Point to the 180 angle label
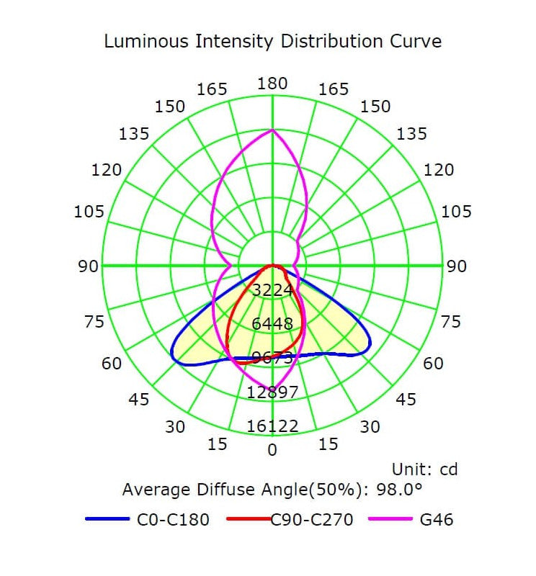pyautogui.click(x=272, y=84)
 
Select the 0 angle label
pyautogui.click(x=272, y=451)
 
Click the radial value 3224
pyautogui.click(x=272, y=290)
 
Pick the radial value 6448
pyautogui.click(x=272, y=324)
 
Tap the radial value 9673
pyautogui.click(x=272, y=358)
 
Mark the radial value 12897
pyautogui.click(x=272, y=392)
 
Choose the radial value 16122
pyautogui.click(x=272, y=427)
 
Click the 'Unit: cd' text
pyautogui.click(x=424, y=470)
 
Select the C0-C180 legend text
pyautogui.click(x=173, y=519)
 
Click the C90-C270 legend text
pyautogui.click(x=312, y=519)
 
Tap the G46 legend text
pyautogui.click(x=437, y=519)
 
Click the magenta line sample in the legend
pyautogui.click(x=390, y=519)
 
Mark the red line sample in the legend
pyautogui.click(x=248, y=519)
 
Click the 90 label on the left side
pyautogui.click(x=89, y=266)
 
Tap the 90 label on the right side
pyautogui.click(x=456, y=266)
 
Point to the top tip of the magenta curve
pyautogui.click(x=272, y=130)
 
